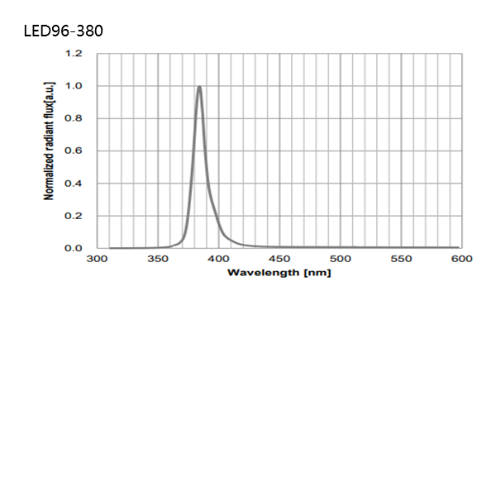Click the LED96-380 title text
[x=64, y=31]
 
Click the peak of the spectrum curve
[x=199, y=87]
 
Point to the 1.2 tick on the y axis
[x=74, y=54]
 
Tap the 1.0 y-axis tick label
[x=74, y=86]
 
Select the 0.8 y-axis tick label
[x=74, y=118]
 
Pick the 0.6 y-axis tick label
[x=74, y=151]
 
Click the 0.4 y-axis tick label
[x=74, y=184]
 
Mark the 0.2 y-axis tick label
[x=74, y=216]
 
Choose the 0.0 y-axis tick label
[x=74, y=248]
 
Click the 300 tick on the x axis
[x=98, y=260]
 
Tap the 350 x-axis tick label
[x=158, y=260]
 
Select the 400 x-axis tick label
[x=219, y=260]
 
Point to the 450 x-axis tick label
[x=279, y=260]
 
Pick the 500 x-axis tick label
[x=341, y=260]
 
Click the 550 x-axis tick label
[x=401, y=260]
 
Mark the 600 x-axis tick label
[x=461, y=260]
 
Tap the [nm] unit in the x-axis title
[x=317, y=273]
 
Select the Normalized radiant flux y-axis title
[x=49, y=141]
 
